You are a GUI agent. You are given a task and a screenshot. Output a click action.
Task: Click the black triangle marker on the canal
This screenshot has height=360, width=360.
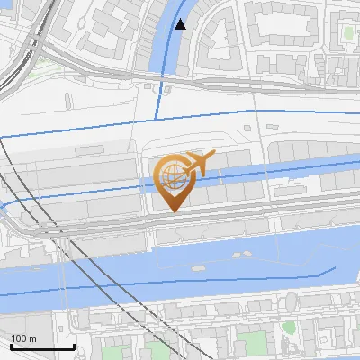(x=182, y=24)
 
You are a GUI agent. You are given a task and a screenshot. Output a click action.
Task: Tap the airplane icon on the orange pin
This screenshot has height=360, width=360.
(x=198, y=163)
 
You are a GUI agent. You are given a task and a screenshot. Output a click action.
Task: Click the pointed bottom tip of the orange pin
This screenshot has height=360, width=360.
(x=174, y=211)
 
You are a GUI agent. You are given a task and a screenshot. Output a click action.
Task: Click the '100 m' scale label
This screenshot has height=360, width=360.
(x=24, y=337)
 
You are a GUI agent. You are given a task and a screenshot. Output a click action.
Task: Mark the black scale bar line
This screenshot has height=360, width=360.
(x=42, y=346)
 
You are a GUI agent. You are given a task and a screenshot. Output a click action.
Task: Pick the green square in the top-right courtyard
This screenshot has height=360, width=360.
(x=348, y=33)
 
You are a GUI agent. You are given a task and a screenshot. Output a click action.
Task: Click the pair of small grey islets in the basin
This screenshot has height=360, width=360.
(x=241, y=255)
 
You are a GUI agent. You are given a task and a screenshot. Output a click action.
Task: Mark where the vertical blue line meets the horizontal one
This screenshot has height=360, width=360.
(x=159, y=119)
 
